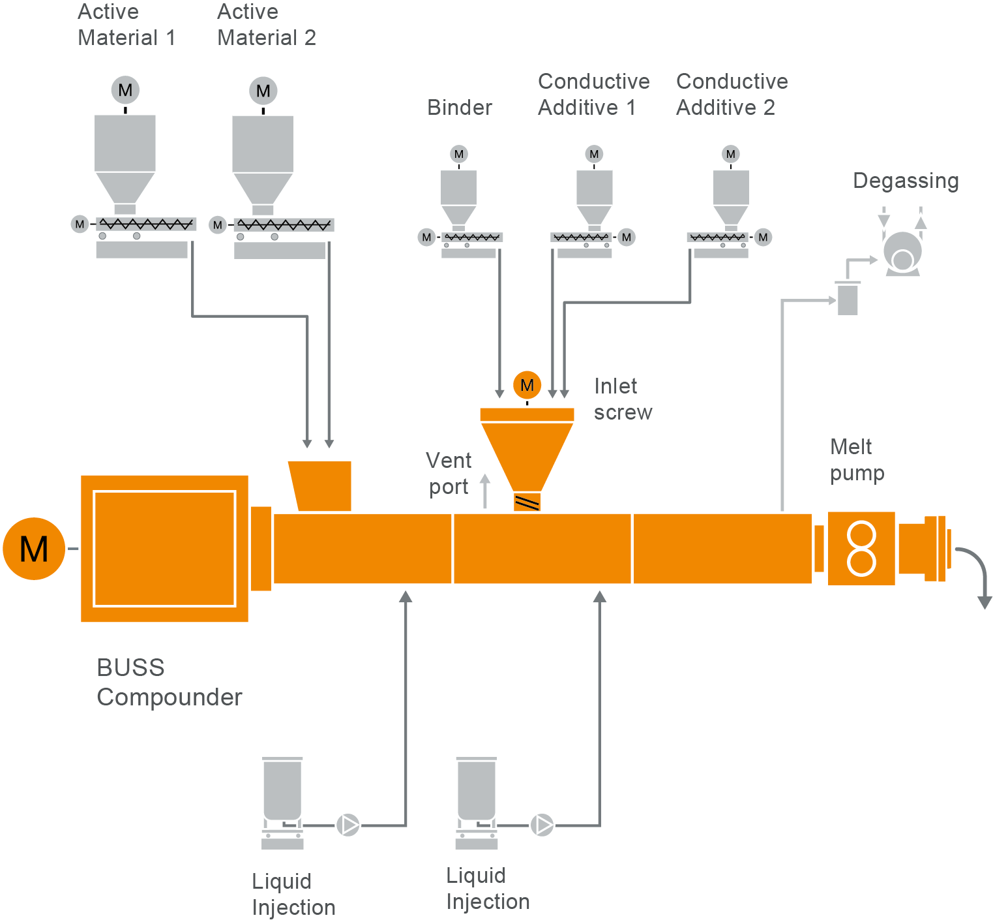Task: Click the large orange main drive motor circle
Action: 34,549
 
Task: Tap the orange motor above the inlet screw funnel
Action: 527,386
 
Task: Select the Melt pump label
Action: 857,460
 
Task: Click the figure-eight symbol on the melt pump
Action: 861,549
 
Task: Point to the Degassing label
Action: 906,181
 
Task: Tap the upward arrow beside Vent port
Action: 485,491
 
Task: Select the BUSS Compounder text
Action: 169,683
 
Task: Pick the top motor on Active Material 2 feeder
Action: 263,91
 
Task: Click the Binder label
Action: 460,108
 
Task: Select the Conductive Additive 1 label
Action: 593,95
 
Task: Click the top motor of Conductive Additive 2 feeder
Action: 730,155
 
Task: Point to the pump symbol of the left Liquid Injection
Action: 348,825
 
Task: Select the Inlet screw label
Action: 623,399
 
